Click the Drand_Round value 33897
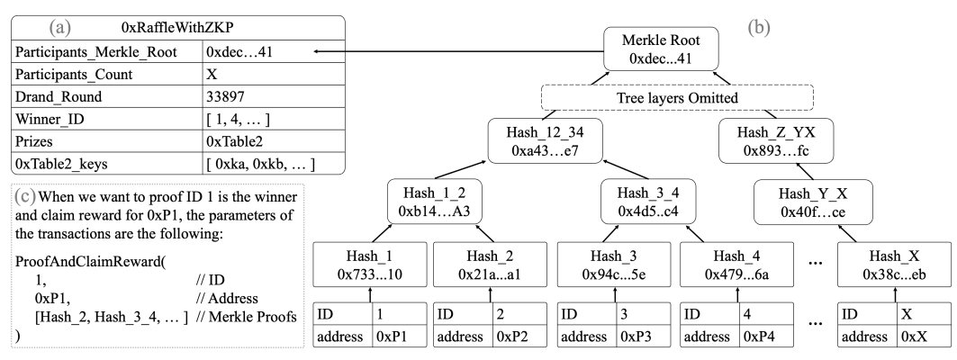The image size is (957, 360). coord(225,96)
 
